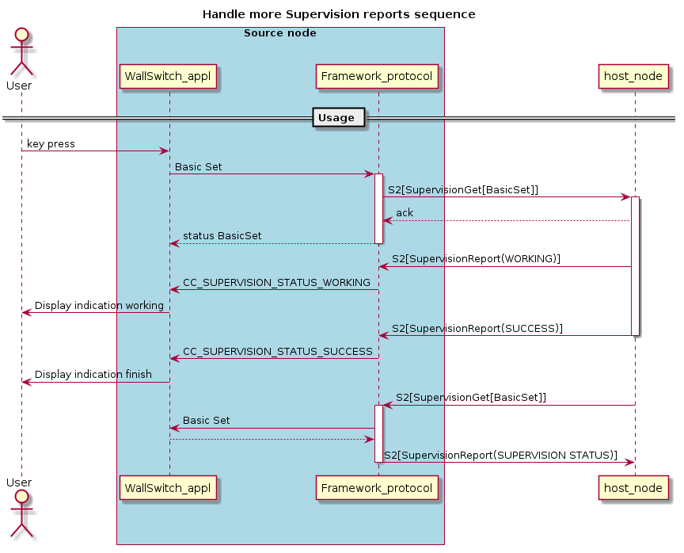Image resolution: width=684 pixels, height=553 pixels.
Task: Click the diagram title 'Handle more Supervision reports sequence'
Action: point(339,14)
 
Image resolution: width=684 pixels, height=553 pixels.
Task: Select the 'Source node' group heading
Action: point(279,33)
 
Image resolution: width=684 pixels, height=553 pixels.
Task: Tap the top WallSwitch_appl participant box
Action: point(168,77)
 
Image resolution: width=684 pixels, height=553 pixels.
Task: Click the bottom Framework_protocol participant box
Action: point(378,489)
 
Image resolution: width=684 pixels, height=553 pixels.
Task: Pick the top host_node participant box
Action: point(633,77)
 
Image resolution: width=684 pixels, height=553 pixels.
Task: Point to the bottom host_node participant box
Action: point(633,489)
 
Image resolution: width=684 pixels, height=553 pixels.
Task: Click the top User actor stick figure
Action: point(21,51)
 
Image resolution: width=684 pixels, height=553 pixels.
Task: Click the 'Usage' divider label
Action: point(337,118)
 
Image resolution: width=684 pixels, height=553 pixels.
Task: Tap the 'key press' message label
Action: point(51,144)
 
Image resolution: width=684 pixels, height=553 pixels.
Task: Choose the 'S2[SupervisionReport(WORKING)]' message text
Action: point(476,259)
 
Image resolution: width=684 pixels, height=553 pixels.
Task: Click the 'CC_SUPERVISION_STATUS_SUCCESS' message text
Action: point(277,351)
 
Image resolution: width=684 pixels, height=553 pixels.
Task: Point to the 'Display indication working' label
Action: point(99,305)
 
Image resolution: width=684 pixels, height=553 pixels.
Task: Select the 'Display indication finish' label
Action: point(93,375)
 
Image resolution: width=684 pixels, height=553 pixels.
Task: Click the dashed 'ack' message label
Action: point(404,213)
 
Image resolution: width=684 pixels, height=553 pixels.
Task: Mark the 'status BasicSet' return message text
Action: point(222,236)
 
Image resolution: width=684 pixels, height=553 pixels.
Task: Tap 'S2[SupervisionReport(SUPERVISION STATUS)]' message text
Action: point(500,455)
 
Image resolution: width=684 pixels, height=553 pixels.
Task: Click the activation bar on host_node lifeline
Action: point(635,265)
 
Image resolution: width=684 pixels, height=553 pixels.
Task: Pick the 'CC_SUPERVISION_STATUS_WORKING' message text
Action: point(276,282)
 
